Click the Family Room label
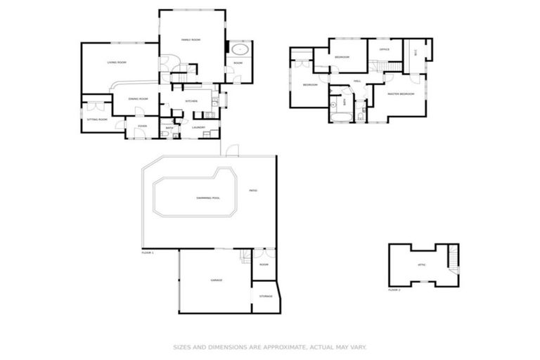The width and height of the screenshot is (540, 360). [x=191, y=40]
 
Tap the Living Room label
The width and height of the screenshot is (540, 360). [x=117, y=63]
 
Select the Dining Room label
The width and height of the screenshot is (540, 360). [x=138, y=99]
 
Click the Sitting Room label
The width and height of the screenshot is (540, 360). [x=97, y=120]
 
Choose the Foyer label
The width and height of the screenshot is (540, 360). [x=142, y=127]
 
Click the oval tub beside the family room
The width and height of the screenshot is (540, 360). [x=240, y=50]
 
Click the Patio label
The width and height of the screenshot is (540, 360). [x=252, y=191]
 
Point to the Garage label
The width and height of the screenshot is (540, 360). [x=217, y=280]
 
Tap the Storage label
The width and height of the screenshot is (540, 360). [x=265, y=297]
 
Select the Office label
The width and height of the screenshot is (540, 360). [x=385, y=50]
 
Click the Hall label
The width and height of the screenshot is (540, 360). [x=357, y=82]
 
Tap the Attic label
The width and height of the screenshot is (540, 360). [x=422, y=264]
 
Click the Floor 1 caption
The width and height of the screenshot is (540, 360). [x=148, y=252]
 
